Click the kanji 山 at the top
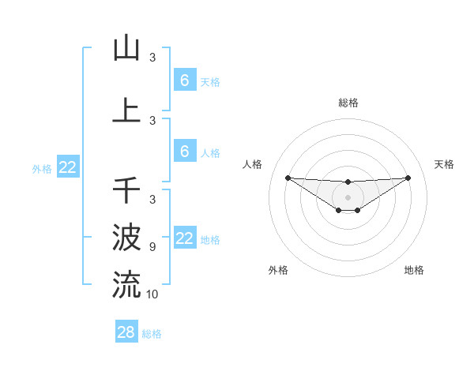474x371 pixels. pos(126,48)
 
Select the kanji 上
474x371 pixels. pos(126,111)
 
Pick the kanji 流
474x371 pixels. pos(126,283)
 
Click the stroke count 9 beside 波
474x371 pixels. pos(152,247)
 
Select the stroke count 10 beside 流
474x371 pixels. pos(152,294)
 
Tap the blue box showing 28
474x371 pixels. pos(126,332)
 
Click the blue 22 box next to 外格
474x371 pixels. pos(67,167)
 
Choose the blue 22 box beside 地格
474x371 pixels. pos(185,238)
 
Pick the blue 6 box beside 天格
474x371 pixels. pos(185,81)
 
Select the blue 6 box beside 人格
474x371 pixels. pos(185,152)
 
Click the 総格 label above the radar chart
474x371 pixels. pos(348,103)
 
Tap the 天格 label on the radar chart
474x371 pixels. pos(445,164)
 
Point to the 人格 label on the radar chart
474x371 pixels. pos(253,164)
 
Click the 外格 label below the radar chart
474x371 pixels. pos(278,270)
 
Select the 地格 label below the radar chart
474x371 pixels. pos(414,270)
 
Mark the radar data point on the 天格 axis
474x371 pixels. pos(408,178)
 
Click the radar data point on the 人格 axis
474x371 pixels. pos(288,178)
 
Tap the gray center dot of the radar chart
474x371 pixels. pos(348,197)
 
